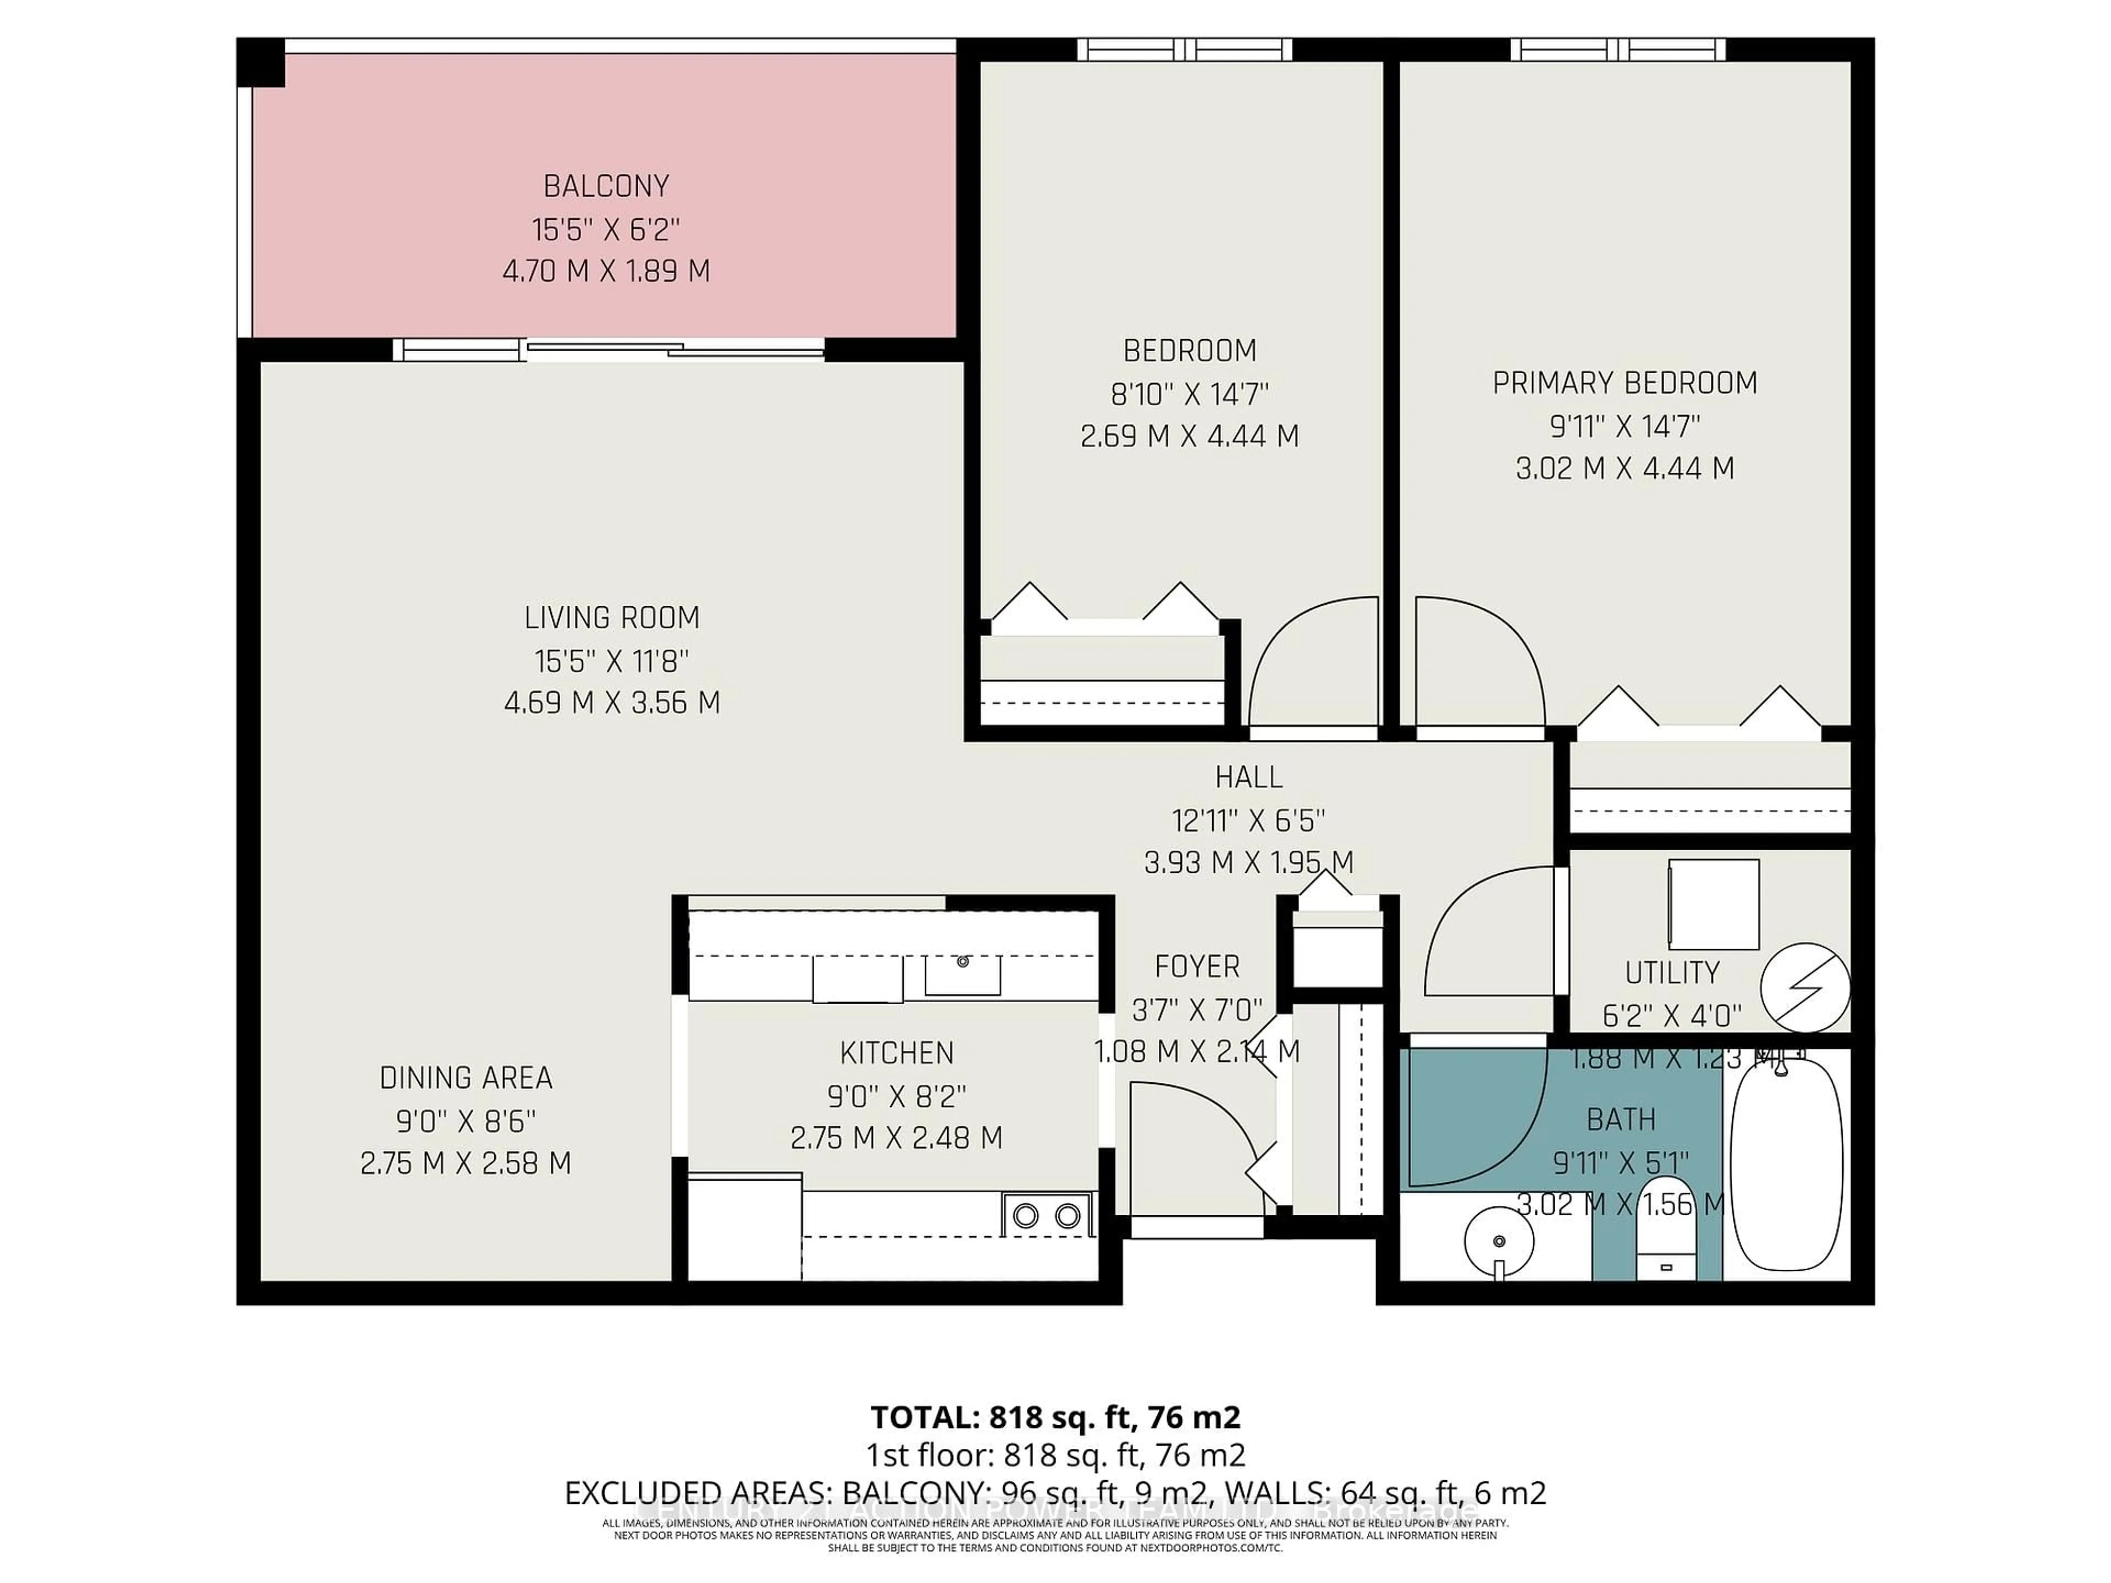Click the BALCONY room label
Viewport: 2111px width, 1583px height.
point(606,185)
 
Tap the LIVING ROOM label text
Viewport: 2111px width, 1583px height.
point(612,618)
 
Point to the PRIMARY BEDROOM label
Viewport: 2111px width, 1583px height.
point(1624,383)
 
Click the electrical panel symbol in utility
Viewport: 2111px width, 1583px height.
point(1805,988)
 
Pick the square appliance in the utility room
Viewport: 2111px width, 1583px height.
point(1714,904)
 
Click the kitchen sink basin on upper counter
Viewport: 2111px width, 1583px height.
point(962,973)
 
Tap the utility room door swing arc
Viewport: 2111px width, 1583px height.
point(1489,931)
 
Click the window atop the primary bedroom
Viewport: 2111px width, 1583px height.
point(1617,49)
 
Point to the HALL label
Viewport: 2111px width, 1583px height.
point(1248,778)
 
